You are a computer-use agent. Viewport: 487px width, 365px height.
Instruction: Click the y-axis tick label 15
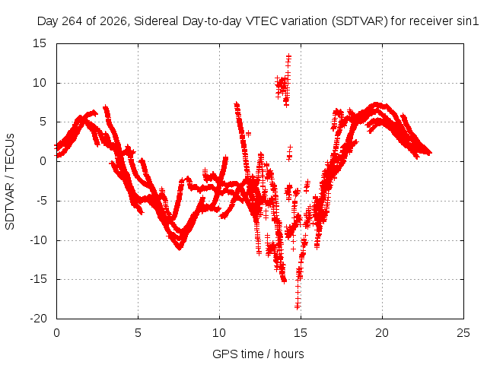[40, 43]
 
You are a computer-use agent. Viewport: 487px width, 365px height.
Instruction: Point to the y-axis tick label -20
[38, 319]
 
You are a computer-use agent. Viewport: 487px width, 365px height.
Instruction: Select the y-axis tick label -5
[41, 201]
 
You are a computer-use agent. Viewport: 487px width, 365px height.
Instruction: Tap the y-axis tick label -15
[38, 279]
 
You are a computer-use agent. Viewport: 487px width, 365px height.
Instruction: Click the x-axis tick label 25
[463, 333]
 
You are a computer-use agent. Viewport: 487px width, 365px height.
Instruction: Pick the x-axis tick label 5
[138, 333]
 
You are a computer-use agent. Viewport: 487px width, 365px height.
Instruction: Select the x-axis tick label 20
[382, 333]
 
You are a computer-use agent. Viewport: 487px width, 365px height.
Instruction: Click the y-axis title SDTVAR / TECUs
[10, 182]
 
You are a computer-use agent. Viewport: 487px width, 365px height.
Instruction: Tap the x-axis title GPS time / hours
[258, 354]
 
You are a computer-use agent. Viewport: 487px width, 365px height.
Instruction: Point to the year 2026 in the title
[113, 21]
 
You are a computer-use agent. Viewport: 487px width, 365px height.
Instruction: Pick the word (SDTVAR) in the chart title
[360, 21]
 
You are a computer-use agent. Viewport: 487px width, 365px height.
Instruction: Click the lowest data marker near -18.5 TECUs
[298, 307]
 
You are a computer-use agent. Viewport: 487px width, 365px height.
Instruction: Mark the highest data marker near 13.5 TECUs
[288, 56]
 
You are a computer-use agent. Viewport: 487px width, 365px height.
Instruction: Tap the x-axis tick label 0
[56, 333]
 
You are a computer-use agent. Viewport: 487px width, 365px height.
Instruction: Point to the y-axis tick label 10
[40, 83]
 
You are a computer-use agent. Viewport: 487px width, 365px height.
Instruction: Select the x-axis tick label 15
[301, 333]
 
